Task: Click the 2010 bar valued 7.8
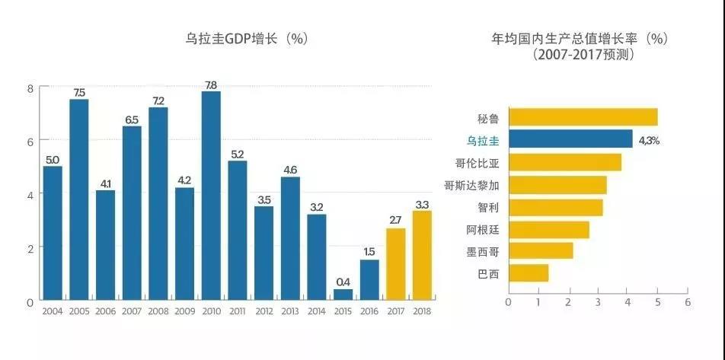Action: coord(211,196)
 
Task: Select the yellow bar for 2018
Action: coord(422,255)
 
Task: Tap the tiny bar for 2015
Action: coord(343,295)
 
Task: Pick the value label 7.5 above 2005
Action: coord(79,93)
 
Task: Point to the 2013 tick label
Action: coord(290,311)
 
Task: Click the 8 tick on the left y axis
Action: coord(30,88)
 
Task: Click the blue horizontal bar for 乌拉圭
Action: coord(570,139)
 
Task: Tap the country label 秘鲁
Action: coord(488,118)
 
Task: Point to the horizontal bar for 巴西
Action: coord(529,273)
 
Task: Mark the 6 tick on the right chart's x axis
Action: coord(687,301)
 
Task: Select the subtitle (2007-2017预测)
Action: coord(584,55)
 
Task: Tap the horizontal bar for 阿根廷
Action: coord(548,229)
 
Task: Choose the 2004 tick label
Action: coord(53,311)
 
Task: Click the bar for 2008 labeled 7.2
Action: coord(158,204)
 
